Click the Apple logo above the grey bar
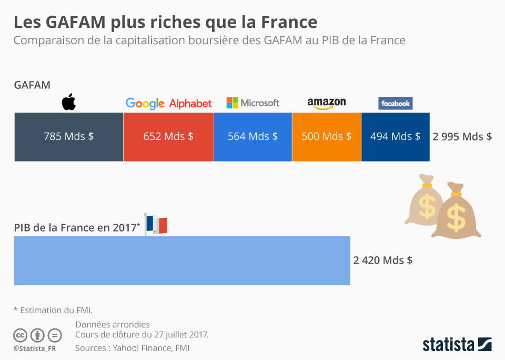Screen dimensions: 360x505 pos(69,102)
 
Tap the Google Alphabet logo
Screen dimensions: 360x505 pos(168,103)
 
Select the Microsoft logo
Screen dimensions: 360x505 pos(252,103)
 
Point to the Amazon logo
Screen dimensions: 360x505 pos(326,103)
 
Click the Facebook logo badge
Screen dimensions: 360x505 pos(395,103)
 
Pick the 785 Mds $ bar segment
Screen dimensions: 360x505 pos(68,136)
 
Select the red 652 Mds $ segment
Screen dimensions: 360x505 pos(168,136)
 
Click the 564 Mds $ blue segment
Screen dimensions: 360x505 pos(252,136)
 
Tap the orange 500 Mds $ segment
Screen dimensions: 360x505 pos(326,136)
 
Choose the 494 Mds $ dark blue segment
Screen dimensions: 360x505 pos(395,136)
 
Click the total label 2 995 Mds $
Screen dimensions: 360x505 pos(462,136)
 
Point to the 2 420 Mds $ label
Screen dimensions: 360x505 pos(382,260)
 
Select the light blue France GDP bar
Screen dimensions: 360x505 pos(181,261)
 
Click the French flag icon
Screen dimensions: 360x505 pos(156,224)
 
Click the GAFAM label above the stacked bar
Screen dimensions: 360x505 pos(32,85)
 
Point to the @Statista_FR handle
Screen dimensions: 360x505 pos(36,348)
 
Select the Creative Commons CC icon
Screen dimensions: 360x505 pos(21,335)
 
